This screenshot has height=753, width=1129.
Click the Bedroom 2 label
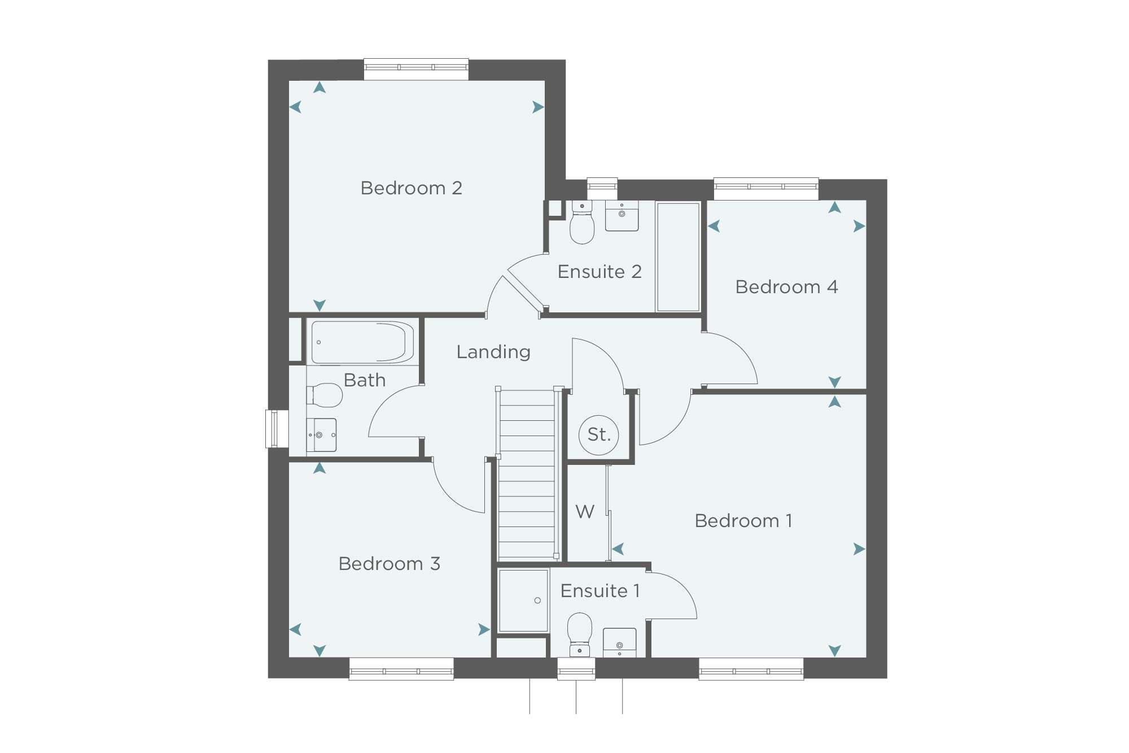point(411,188)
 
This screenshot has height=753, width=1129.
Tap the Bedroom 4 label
point(786,287)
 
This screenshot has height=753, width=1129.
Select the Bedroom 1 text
point(743,521)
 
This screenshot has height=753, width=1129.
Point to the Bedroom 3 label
point(389,564)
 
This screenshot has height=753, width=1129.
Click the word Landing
point(493,352)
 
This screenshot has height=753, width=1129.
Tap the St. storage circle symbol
point(599,435)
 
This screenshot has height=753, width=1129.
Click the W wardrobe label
point(585,512)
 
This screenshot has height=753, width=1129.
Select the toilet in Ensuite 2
point(582,222)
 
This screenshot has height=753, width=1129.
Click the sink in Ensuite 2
point(622,216)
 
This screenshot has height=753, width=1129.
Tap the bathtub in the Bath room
point(362,342)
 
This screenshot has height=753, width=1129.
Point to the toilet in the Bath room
point(325,395)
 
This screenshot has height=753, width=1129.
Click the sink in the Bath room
point(322,435)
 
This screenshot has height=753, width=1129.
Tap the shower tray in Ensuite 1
point(524,600)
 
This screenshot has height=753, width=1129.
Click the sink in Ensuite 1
point(619,642)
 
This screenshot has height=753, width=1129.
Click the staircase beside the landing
point(527,475)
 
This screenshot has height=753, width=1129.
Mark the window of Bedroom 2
point(416,69)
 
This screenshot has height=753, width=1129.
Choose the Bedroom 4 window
point(766,189)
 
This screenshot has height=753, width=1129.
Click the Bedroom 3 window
point(401,669)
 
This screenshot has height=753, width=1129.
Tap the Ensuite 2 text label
point(599,272)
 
